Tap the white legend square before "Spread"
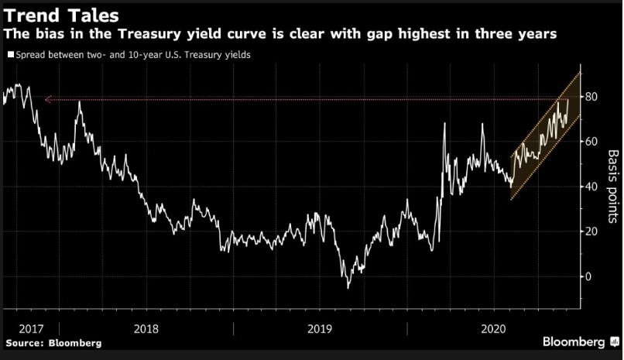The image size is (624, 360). pos(9,56)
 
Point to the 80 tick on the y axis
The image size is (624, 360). pos(594,97)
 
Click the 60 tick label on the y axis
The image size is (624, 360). pos(594,142)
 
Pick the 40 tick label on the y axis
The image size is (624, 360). pos(594,187)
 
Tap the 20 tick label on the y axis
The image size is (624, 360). pos(594,231)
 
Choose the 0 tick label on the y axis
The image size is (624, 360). pos(591,276)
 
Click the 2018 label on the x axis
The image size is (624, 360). pos(146,327)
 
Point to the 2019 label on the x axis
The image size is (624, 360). pos(321,327)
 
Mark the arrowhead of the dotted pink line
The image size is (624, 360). pos(47,99)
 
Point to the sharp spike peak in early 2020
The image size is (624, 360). pos(444,124)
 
